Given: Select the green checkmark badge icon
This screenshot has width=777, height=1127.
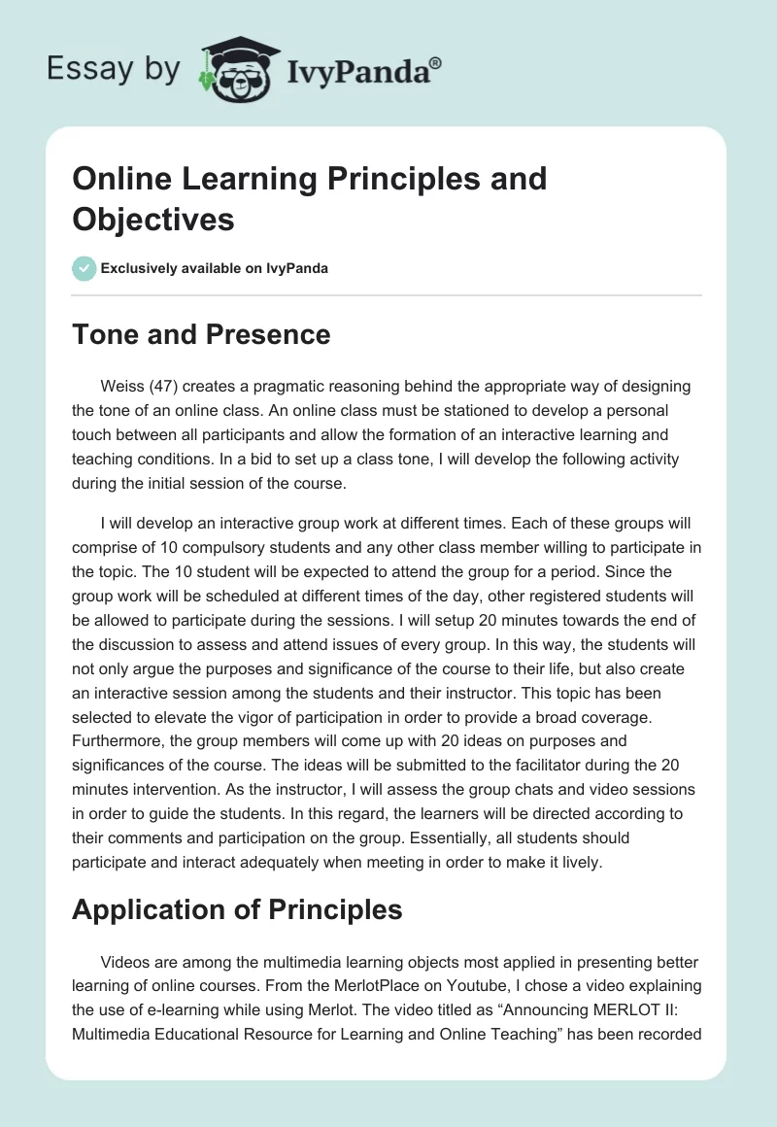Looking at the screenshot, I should tap(84, 268).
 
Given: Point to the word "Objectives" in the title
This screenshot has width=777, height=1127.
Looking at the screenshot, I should tap(153, 219).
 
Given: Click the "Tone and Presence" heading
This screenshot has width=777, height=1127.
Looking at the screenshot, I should tap(201, 335).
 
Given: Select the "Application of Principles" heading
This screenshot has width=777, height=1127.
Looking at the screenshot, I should tap(237, 909).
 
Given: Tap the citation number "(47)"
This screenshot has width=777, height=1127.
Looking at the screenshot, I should tap(163, 387).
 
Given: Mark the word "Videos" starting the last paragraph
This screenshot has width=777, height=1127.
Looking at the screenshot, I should tap(124, 961).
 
